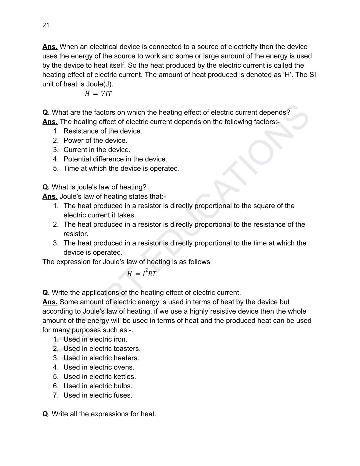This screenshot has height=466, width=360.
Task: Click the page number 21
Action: click(x=46, y=25)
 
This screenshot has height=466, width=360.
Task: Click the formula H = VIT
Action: click(x=98, y=94)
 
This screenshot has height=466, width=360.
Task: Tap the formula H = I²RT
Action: click(x=141, y=273)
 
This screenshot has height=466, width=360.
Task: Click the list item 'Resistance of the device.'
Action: click(x=103, y=131)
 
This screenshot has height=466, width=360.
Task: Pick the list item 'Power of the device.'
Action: click(x=95, y=140)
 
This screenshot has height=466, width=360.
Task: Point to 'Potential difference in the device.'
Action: click(x=115, y=159)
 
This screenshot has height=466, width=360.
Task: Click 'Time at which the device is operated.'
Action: click(x=121, y=168)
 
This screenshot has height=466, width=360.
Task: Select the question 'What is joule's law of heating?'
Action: click(x=99, y=187)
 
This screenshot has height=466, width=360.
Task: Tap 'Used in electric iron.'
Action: click(x=95, y=339)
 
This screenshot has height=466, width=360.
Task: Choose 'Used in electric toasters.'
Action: click(x=102, y=349)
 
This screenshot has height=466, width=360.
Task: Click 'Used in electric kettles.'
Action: click(x=99, y=377)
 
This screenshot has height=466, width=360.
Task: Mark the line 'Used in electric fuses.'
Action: click(x=98, y=395)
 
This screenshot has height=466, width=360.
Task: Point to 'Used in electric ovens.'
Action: click(x=99, y=367)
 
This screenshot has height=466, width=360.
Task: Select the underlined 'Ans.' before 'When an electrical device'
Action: click(x=50, y=47)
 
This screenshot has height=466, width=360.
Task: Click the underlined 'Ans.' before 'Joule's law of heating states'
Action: click(x=50, y=197)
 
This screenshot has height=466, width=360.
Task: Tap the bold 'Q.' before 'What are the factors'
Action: click(x=46, y=112)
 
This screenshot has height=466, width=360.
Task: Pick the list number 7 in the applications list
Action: click(x=56, y=395)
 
